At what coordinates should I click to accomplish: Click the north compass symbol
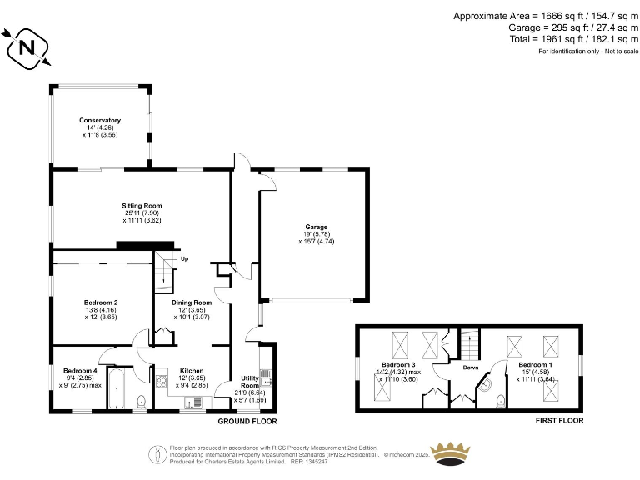tap(27, 47)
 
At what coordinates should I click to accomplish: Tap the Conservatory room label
tap(100, 120)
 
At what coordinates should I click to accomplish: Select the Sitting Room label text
tap(142, 205)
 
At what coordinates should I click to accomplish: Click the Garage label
tap(316, 227)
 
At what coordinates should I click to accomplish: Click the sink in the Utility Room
tap(267, 382)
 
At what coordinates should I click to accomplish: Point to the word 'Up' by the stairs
tap(184, 259)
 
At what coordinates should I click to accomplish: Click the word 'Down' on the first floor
tap(471, 367)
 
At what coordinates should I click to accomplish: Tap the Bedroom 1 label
tap(534, 365)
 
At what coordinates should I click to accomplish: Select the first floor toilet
tap(500, 402)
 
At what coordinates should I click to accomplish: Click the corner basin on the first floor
tap(484, 386)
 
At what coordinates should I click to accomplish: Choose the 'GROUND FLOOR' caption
tap(247, 421)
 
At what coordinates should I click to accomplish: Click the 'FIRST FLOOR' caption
tap(559, 421)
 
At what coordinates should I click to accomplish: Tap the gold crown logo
tap(456, 455)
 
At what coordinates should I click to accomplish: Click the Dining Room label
tap(191, 302)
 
